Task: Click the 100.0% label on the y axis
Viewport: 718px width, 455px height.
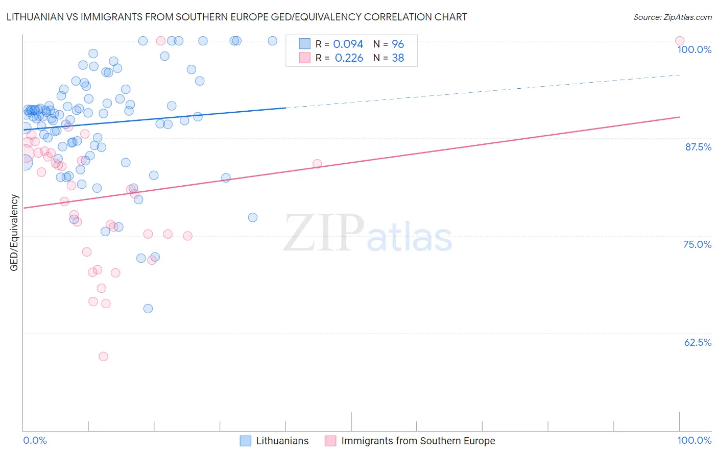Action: pyautogui.click(x=694, y=49)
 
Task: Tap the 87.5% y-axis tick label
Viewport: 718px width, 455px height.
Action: pyautogui.click(x=698, y=147)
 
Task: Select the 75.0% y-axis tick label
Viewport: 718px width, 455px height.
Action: pyautogui.click(x=697, y=244)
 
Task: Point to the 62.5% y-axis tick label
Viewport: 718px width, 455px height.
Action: pyautogui.click(x=698, y=342)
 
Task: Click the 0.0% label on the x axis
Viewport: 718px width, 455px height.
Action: pyautogui.click(x=35, y=440)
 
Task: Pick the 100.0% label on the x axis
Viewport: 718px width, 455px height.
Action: pyautogui.click(x=694, y=440)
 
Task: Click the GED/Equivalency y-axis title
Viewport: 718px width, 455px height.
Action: pyautogui.click(x=14, y=233)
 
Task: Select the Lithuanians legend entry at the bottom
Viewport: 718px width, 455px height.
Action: pyautogui.click(x=282, y=441)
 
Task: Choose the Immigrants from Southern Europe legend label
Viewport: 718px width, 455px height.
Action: pyautogui.click(x=418, y=441)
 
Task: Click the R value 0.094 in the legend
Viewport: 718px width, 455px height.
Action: pyautogui.click(x=348, y=44)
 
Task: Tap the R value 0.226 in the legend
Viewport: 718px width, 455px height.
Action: pyautogui.click(x=349, y=58)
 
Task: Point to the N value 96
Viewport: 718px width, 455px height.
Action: pyautogui.click(x=398, y=44)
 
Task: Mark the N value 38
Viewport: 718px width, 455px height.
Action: pyautogui.click(x=398, y=58)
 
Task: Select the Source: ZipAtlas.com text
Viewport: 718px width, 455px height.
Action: pyautogui.click(x=672, y=17)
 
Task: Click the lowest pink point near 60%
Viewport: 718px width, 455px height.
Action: pyautogui.click(x=103, y=357)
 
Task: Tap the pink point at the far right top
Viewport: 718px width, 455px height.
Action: pyautogui.click(x=679, y=41)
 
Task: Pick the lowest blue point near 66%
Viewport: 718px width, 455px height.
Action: pyautogui.click(x=148, y=309)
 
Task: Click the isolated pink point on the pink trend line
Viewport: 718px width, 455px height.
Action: pyautogui.click(x=317, y=164)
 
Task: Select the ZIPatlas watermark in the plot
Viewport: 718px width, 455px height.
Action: pyautogui.click(x=368, y=234)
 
